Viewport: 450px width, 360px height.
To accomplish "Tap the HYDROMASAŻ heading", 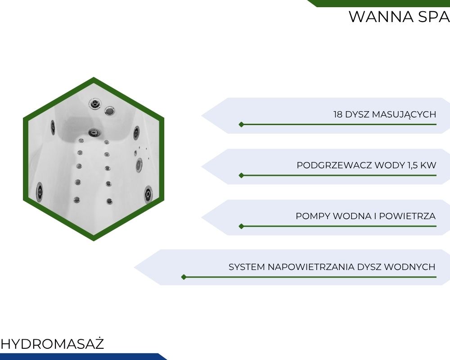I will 52,344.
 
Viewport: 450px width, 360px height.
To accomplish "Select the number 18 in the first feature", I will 338,114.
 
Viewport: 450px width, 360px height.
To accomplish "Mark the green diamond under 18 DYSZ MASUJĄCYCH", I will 241,124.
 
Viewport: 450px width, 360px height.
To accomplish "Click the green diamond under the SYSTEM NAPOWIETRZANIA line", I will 183,277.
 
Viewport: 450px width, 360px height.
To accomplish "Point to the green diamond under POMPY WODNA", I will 241,226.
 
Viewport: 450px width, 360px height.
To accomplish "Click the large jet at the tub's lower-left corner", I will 40,191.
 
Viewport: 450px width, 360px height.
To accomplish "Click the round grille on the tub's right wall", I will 139,164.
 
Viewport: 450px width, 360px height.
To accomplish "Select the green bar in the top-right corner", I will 382,3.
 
